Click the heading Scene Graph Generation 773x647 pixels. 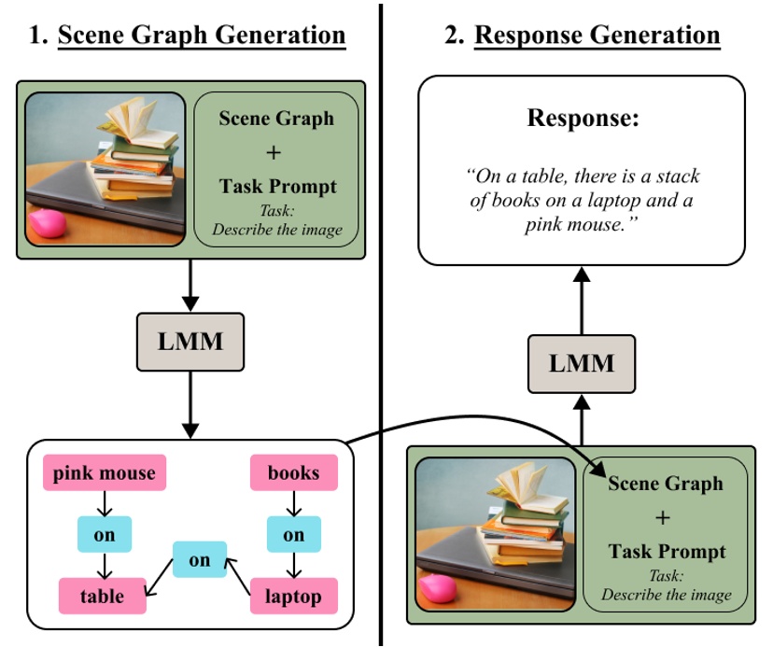point(202,36)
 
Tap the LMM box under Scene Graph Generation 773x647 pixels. point(190,341)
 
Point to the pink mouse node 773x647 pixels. point(104,473)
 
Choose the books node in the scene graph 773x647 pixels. point(293,473)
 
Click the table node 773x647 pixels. point(104,595)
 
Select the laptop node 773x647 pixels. point(293,595)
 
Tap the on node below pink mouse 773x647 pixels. point(104,534)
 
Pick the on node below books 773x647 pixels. point(293,534)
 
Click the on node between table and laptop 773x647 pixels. point(199,560)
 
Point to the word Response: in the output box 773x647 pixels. point(582,119)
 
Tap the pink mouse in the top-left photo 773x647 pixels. point(47,225)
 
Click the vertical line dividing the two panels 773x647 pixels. point(381,280)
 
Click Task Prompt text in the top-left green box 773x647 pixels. point(277,186)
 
